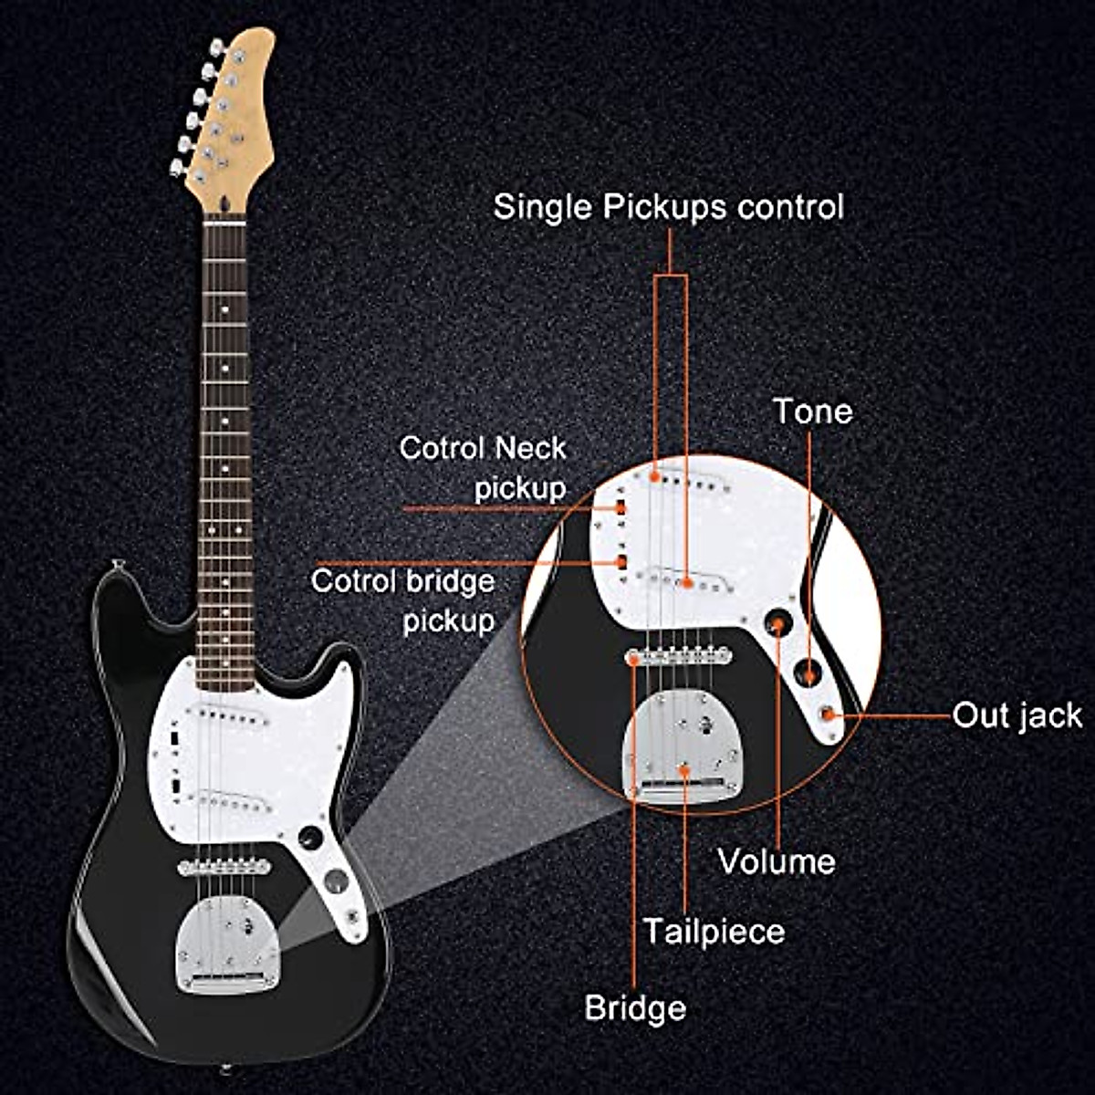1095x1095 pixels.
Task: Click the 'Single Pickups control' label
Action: pos(668,207)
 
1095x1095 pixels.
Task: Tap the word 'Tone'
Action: pos(812,412)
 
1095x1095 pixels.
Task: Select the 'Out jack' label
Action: pos(1017,715)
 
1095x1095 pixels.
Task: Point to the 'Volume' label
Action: pos(777,861)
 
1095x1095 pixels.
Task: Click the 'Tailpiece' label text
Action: pos(714,932)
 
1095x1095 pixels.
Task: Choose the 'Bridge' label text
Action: pos(635,1008)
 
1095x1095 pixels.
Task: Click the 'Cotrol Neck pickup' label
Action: pos(484,467)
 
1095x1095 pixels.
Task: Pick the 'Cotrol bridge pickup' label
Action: pos(403,600)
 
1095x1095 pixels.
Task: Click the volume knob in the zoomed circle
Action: pos(777,622)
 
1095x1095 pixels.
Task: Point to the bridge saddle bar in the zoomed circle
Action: pos(679,654)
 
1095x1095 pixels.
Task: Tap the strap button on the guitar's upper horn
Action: pos(116,565)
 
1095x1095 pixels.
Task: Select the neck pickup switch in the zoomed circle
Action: pos(619,507)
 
